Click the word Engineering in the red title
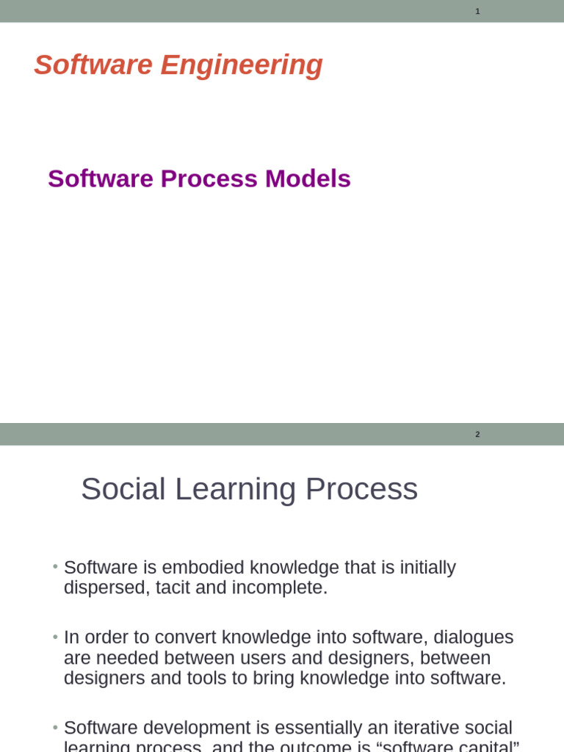click(x=242, y=65)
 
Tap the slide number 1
click(x=477, y=11)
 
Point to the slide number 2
click(x=477, y=434)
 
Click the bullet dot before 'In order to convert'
click(x=55, y=637)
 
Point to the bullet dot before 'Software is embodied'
click(x=55, y=568)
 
